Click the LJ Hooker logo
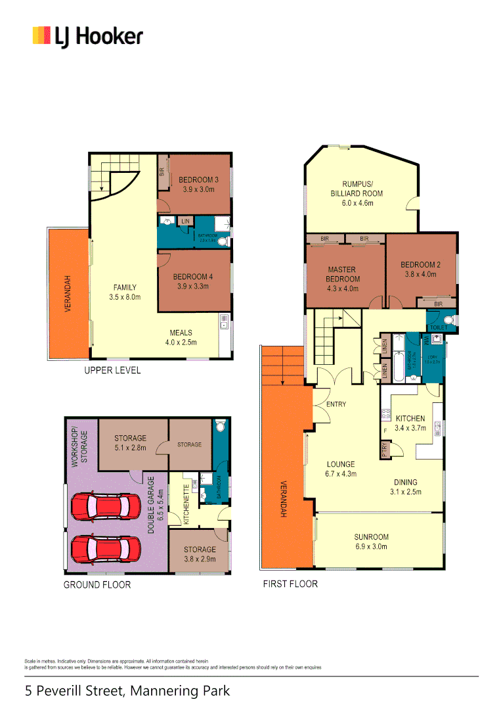(87, 36)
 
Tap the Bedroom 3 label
(198, 180)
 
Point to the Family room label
(125, 287)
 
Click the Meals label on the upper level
(181, 332)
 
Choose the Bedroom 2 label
(420, 265)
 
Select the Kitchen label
(410, 418)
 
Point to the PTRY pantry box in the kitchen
(384, 449)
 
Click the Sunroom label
(371, 536)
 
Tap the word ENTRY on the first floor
(336, 404)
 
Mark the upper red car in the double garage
(106, 506)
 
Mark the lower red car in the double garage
(106, 547)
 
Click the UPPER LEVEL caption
(112, 371)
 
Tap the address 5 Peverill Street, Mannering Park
(127, 691)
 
